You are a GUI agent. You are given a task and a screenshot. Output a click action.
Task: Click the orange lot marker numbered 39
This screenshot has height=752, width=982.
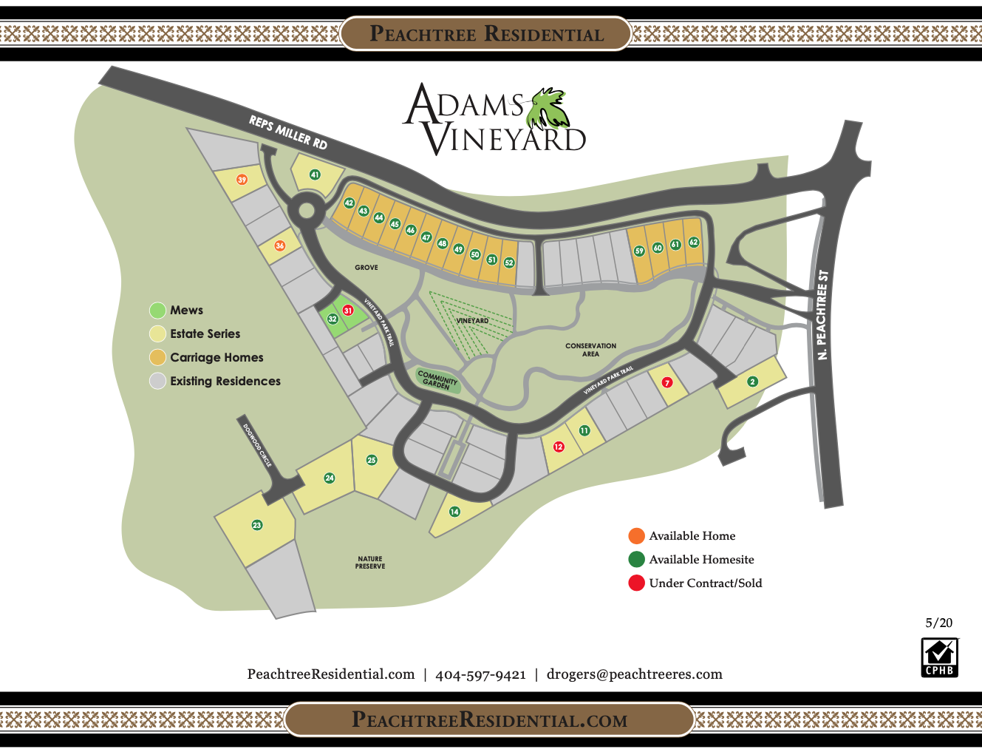click(x=242, y=180)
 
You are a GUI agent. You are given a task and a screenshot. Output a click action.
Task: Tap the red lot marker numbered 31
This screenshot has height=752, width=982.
click(x=348, y=311)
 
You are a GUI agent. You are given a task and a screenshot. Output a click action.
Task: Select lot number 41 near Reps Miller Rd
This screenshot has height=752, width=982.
click(x=315, y=175)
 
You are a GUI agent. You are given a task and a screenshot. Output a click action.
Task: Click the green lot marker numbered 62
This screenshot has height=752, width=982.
click(x=693, y=243)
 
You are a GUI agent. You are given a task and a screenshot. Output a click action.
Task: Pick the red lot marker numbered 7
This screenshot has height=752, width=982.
click(x=667, y=382)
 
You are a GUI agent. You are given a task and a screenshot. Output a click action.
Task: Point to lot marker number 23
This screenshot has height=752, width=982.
click(x=257, y=525)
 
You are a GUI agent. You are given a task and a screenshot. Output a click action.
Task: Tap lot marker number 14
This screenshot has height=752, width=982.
click(x=454, y=512)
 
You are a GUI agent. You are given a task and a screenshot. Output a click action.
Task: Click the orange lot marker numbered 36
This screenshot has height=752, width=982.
click(x=279, y=245)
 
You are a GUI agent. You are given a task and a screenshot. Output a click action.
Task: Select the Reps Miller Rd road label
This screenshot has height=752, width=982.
click(x=287, y=132)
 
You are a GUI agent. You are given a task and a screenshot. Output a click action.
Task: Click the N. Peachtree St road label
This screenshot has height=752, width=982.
click(x=822, y=315)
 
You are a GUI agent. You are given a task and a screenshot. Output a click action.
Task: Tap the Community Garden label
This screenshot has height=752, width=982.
click(x=437, y=380)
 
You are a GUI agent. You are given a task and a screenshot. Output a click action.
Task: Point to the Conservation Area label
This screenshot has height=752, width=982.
click(x=590, y=350)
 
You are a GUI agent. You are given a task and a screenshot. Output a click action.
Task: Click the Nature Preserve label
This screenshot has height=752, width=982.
click(x=370, y=563)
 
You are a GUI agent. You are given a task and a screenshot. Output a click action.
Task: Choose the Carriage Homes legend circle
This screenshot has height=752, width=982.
click(x=157, y=357)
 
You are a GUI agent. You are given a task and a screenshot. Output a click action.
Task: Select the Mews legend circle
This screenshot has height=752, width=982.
click(x=157, y=310)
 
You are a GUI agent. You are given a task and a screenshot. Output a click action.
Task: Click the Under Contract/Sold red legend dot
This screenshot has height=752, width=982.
click(x=636, y=583)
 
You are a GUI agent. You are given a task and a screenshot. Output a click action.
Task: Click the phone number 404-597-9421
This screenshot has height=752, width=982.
click(x=480, y=674)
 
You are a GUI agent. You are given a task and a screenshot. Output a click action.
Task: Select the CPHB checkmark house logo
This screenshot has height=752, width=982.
click(x=939, y=657)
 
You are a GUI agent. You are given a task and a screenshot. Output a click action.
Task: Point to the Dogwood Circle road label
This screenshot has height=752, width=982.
click(x=257, y=445)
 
